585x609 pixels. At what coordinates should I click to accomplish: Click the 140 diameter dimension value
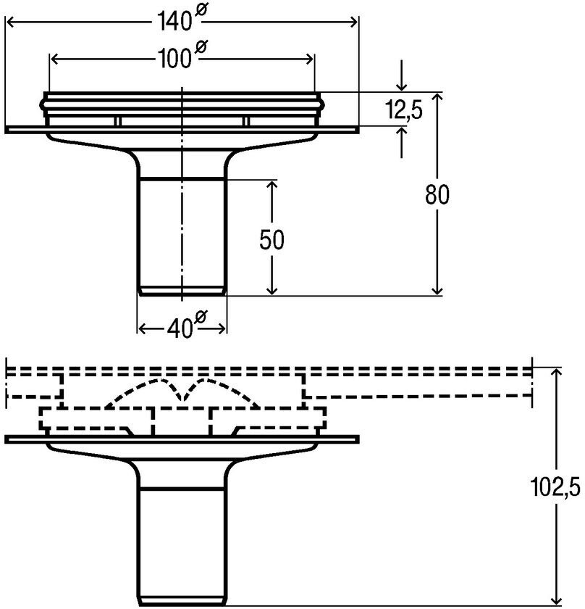pyautogui.click(x=174, y=21)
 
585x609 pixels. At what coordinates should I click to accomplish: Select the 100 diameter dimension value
pyautogui.click(x=174, y=59)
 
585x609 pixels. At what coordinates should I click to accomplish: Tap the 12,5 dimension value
pyautogui.click(x=404, y=109)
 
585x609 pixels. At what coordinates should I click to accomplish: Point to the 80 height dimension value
pyautogui.click(x=437, y=194)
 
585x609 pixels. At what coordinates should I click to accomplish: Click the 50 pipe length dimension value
pyautogui.click(x=272, y=240)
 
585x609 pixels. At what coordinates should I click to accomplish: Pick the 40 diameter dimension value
pyautogui.click(x=180, y=329)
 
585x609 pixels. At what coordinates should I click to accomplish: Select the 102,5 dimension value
pyautogui.click(x=555, y=486)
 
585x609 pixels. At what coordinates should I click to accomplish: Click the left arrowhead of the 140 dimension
pyautogui.click(x=11, y=22)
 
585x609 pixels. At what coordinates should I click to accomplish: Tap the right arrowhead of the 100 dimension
pyautogui.click(x=309, y=59)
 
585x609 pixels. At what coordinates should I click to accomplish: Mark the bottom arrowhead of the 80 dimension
pyautogui.click(x=437, y=290)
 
